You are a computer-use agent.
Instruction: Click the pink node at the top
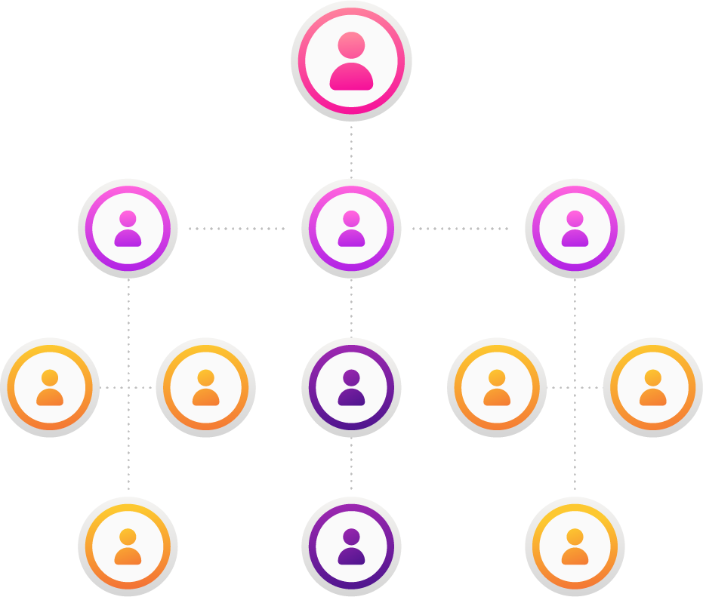pos(351,61)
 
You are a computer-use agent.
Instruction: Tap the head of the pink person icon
pos(351,45)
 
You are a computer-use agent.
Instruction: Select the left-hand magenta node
pos(128,228)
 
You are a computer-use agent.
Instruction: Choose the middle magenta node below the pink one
pos(351,228)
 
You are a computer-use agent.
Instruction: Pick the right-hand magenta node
pos(575,228)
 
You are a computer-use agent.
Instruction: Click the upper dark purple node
pos(351,387)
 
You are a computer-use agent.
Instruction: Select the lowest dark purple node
pos(351,546)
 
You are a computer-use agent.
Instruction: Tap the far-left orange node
pos(50,387)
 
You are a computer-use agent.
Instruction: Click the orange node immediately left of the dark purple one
pos(205,387)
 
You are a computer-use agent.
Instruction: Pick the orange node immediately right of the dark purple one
pos(497,387)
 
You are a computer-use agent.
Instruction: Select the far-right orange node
pos(652,387)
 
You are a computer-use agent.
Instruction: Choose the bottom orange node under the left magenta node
pos(128,546)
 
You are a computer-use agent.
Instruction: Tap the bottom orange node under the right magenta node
pos(575,546)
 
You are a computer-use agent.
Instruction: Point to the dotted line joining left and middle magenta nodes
pos(236,228)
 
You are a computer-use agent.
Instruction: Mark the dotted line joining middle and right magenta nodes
pos(460,228)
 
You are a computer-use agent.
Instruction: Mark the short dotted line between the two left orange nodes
pos(113,387)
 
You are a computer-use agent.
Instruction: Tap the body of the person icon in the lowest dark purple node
pos(351,557)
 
